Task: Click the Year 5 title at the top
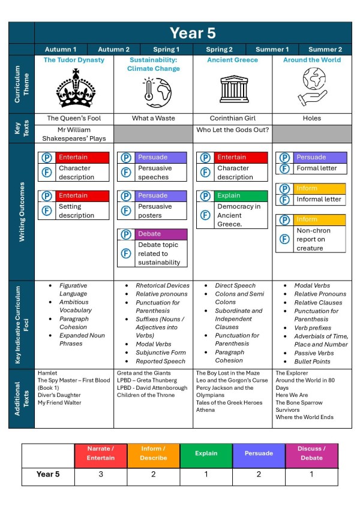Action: coord(192,33)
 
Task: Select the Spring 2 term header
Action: coord(219,50)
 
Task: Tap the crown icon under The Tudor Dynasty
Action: coord(75,88)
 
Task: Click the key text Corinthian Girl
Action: coord(232,118)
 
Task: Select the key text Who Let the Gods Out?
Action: coord(232,129)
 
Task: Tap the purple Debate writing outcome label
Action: coord(161,234)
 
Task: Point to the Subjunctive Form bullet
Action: coord(161,353)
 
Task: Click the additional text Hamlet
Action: coord(47,372)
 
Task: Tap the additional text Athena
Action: coord(206,411)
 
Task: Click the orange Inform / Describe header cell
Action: coord(154,454)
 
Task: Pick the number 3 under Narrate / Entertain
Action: coord(101,475)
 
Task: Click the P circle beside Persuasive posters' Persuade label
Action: coord(126,195)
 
